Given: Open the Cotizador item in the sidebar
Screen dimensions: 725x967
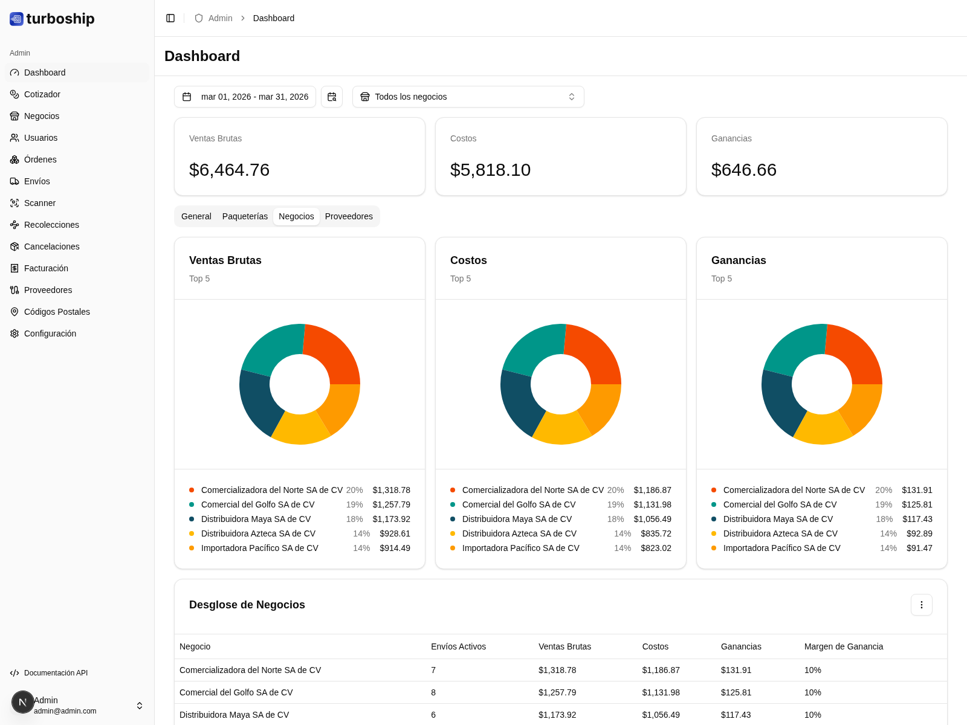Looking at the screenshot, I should coord(42,94).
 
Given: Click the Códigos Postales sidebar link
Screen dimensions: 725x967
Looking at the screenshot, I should coord(57,312).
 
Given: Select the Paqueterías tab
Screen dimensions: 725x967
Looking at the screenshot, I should coord(245,216).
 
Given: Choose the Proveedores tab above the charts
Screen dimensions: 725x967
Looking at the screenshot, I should coord(349,216).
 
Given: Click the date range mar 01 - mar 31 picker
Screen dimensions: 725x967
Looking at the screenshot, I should coord(245,97).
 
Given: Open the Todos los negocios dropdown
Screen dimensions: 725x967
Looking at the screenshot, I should coord(468,97).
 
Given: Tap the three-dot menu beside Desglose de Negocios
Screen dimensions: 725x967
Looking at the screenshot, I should coord(921,605).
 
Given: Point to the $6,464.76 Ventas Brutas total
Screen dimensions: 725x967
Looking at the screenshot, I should coord(230,170).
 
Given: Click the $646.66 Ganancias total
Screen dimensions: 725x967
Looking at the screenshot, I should coord(744,170).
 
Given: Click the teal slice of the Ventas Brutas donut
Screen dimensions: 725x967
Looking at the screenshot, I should coord(271,347).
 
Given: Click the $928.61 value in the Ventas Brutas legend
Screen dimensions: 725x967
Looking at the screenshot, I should coord(395,533).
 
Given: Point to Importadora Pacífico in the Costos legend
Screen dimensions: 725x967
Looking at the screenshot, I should coord(520,548).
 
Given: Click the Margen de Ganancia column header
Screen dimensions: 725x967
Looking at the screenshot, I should coord(843,646).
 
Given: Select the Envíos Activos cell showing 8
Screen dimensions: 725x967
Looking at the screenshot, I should coord(433,692).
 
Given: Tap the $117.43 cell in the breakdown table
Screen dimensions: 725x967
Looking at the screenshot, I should coord(736,715).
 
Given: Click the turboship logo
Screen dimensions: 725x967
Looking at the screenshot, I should coord(53,19).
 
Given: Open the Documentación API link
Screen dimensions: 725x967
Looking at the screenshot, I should coord(56,673).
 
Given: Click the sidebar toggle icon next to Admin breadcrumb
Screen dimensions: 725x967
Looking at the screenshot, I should coord(170,18).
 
